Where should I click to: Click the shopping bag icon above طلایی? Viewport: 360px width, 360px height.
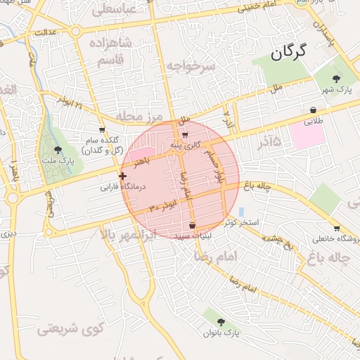pos(313,110)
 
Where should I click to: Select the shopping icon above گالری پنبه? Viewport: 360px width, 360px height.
pos(185,135)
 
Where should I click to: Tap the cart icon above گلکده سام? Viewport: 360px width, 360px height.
pos(102,130)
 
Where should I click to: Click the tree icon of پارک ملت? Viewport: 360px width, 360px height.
pos(58,150)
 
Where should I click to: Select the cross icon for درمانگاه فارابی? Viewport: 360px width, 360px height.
pos(123,176)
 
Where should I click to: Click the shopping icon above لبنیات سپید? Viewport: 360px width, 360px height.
pos(193,226)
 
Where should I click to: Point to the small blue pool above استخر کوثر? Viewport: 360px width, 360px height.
pos(241,212)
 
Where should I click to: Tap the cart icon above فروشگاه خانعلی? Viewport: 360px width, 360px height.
pos(337,228)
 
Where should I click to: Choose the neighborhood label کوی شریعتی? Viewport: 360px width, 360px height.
pos(70,327)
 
